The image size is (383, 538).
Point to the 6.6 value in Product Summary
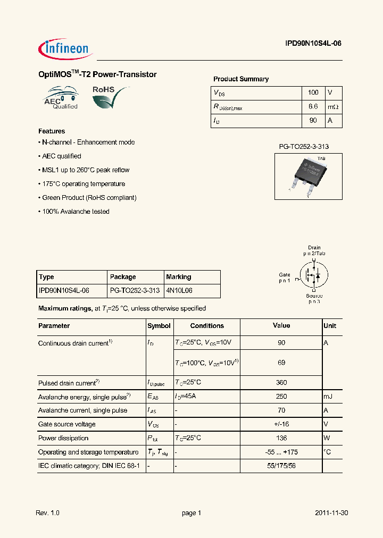(313, 107)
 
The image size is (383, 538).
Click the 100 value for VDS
(313, 93)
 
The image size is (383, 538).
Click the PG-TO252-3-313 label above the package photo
(301, 146)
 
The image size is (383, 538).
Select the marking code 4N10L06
(179, 291)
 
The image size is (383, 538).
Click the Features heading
(52, 131)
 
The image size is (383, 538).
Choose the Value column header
(281, 325)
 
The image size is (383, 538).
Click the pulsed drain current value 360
(281, 382)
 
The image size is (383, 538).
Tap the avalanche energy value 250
(281, 396)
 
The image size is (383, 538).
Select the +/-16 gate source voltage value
(281, 424)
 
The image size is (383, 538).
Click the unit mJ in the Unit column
(329, 396)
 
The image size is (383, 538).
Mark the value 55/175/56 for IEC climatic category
(281, 466)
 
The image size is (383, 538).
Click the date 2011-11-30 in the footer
(331, 513)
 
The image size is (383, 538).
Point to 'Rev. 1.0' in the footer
(47, 513)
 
